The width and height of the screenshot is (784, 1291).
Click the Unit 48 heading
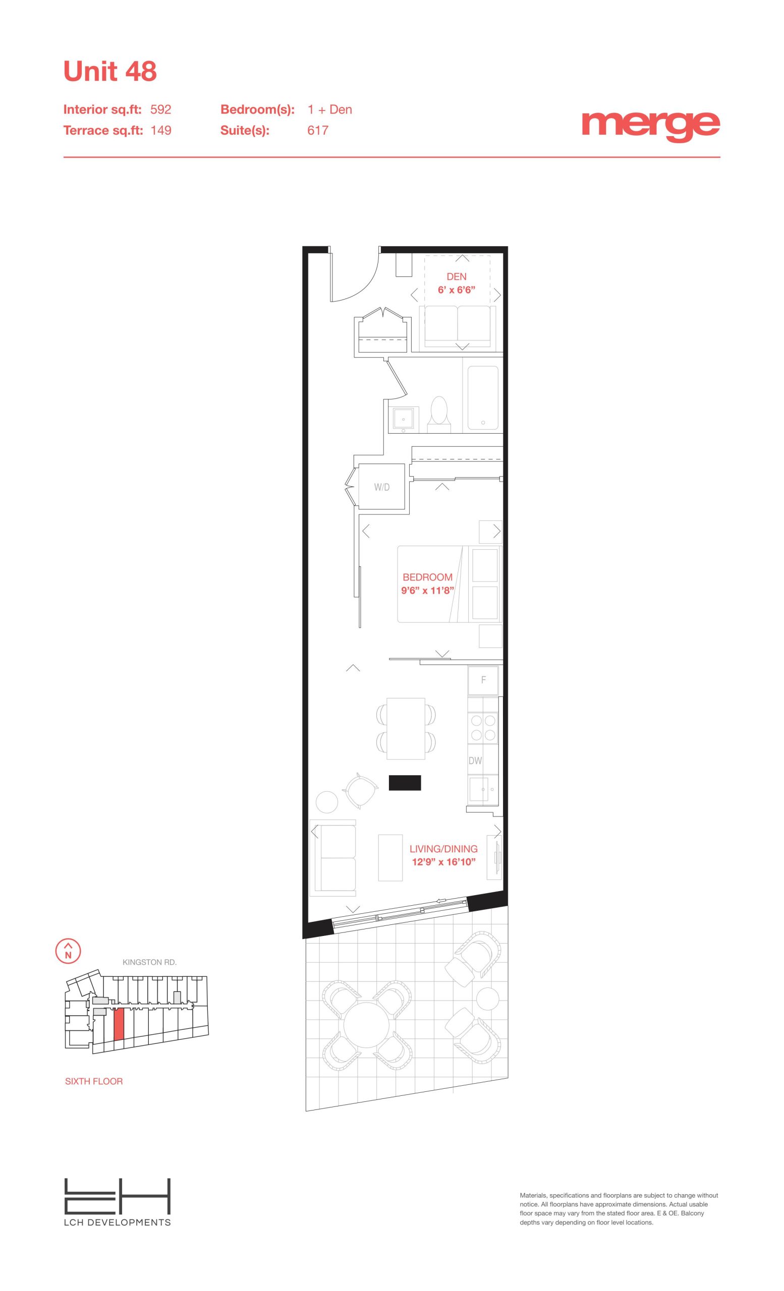(x=110, y=71)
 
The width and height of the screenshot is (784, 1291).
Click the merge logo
(x=650, y=126)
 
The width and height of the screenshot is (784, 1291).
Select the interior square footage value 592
(x=161, y=109)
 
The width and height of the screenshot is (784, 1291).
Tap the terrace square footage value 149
(x=161, y=131)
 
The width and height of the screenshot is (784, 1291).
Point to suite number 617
(x=317, y=131)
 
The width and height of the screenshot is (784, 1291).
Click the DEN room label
(x=457, y=277)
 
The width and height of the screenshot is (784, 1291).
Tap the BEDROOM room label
(x=428, y=577)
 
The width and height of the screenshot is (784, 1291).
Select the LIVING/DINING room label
(x=443, y=849)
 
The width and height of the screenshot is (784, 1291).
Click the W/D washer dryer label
(x=382, y=487)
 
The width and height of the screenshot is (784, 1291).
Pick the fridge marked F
(x=483, y=680)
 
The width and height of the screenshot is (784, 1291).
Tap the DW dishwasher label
(x=475, y=760)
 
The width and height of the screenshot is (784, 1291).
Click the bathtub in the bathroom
(x=482, y=398)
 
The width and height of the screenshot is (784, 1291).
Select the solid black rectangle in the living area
(x=405, y=783)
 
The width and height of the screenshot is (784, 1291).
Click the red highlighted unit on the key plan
(x=119, y=1024)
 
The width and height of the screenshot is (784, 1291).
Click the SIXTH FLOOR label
(x=94, y=1081)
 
